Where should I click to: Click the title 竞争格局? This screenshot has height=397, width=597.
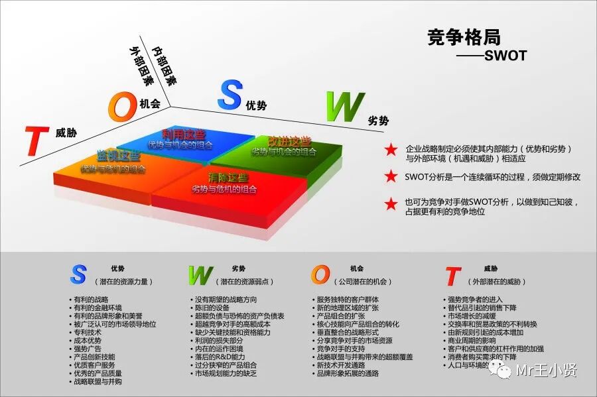click(x=464, y=36)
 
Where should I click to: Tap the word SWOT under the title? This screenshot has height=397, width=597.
click(x=505, y=56)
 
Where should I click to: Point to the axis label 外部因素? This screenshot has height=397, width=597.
click(x=141, y=66)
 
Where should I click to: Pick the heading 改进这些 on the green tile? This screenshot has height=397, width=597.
click(x=289, y=141)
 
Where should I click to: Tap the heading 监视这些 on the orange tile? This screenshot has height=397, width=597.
click(x=119, y=156)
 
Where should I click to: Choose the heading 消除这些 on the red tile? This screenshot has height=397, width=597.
click(x=228, y=178)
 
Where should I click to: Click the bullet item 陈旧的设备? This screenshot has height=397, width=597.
click(x=212, y=308)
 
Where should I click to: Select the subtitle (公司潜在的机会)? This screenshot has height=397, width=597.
click(x=362, y=282)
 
